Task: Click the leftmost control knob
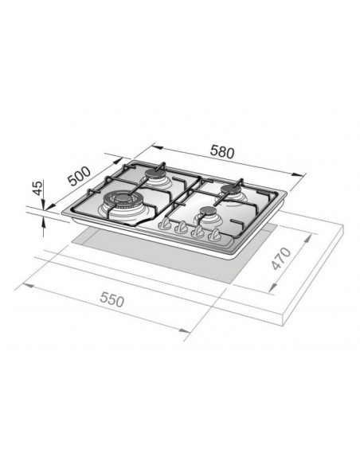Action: [x=166, y=226]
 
